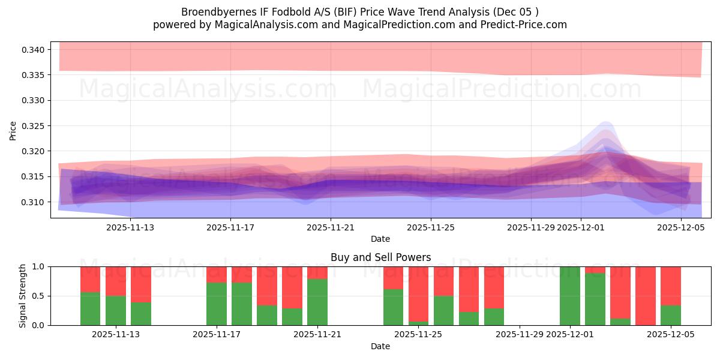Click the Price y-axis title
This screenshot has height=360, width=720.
point(13,130)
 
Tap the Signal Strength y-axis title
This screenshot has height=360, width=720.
point(23,295)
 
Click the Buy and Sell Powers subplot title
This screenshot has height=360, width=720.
point(380,257)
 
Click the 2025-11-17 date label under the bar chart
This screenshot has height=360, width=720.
point(217,334)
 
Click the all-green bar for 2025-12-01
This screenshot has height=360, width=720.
point(570,296)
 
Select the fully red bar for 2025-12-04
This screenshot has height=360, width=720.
point(646,296)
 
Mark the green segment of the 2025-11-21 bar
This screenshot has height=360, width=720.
point(317,302)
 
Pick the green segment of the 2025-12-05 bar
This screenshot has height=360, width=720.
point(671,316)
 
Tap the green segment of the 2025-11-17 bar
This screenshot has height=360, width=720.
point(217,304)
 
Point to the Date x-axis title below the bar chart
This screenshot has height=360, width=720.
point(380,346)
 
